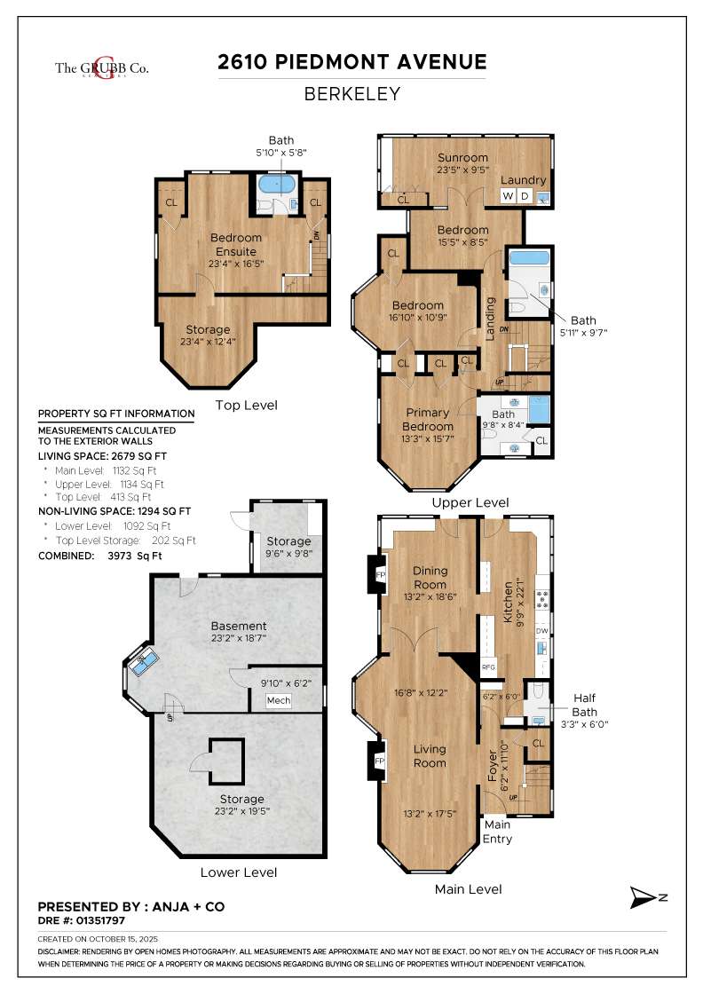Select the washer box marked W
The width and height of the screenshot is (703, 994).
click(x=509, y=196)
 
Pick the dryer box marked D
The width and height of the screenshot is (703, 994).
click(x=524, y=196)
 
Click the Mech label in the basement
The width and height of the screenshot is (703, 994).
click(x=278, y=701)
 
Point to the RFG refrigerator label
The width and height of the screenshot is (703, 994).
click(x=487, y=667)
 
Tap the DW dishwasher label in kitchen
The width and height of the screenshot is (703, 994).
click(x=541, y=631)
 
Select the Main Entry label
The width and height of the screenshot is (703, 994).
click(x=497, y=832)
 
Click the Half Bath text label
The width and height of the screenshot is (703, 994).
click(x=584, y=705)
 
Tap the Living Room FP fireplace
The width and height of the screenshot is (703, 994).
click(x=379, y=761)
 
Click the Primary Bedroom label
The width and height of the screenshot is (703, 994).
click(x=430, y=420)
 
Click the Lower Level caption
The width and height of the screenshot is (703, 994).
click(x=238, y=872)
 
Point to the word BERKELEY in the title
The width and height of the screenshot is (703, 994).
click(x=352, y=93)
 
